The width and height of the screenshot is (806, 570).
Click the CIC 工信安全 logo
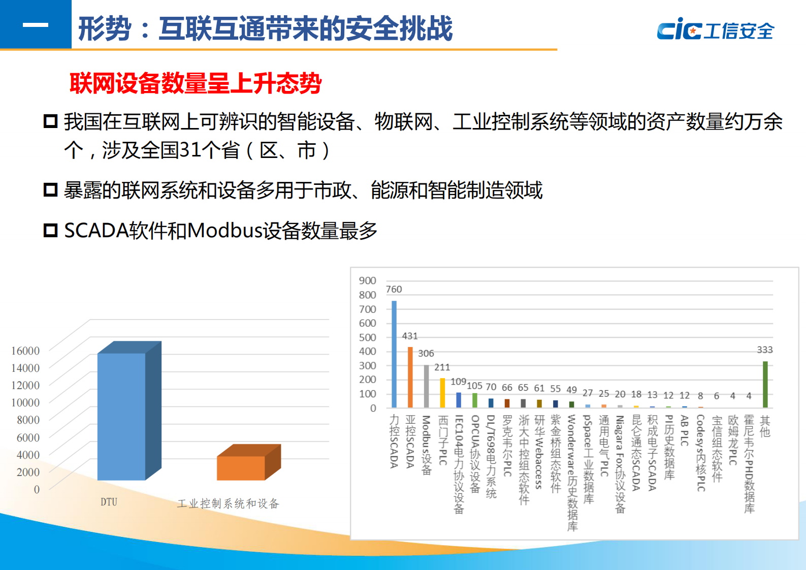(x=715, y=29)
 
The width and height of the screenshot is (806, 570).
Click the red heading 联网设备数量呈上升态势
(x=196, y=83)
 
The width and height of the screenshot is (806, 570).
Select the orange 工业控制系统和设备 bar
(x=241, y=467)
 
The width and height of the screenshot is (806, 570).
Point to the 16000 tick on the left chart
(x=25, y=351)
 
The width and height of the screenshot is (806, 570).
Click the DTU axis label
(x=109, y=502)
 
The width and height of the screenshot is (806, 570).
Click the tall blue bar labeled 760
(x=394, y=354)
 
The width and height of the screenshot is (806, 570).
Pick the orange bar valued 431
(x=410, y=377)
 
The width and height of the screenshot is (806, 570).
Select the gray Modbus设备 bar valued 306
(x=426, y=386)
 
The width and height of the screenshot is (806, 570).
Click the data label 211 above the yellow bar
(x=442, y=367)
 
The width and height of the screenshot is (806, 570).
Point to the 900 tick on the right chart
(x=367, y=280)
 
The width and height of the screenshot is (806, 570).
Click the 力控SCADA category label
(x=394, y=441)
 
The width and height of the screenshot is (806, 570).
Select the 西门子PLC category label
(x=443, y=440)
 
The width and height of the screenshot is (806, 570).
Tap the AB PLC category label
(x=685, y=430)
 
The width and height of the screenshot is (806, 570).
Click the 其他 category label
(x=765, y=426)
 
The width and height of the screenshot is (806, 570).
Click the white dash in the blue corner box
(x=36, y=25)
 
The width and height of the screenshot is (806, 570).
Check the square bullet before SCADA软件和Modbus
(x=50, y=230)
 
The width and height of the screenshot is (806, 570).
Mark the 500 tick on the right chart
(x=367, y=337)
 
